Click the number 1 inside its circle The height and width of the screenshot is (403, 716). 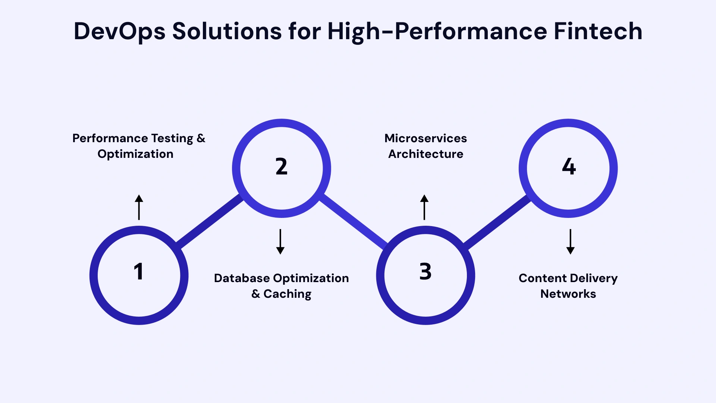[x=138, y=271]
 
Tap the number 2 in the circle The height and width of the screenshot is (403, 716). [x=282, y=166]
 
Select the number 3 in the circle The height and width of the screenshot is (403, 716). [x=425, y=271]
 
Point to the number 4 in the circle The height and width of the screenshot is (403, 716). [x=569, y=166]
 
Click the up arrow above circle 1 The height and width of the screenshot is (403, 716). [x=139, y=207]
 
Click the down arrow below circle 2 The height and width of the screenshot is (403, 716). [x=280, y=242]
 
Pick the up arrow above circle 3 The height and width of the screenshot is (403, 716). [x=424, y=207]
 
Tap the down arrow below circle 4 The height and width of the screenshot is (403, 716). [x=570, y=242]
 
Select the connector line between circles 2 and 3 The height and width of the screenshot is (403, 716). [x=354, y=221]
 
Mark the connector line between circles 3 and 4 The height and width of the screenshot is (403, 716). [x=497, y=221]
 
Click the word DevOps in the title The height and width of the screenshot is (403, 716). [x=119, y=31]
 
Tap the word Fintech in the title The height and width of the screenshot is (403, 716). [x=598, y=31]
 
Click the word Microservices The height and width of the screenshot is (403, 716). [x=425, y=138]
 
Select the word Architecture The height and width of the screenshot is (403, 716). [x=425, y=154]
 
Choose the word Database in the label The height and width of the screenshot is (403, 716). [x=242, y=278]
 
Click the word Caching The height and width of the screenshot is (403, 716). [x=287, y=294]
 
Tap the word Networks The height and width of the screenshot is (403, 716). [x=568, y=294]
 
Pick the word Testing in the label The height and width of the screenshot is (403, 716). [x=172, y=138]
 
